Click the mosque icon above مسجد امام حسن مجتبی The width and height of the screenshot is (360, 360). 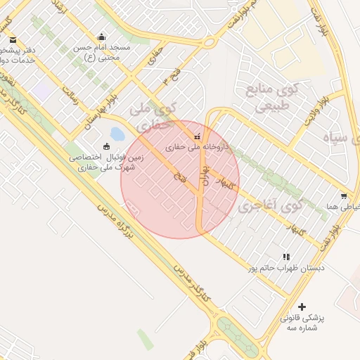[102, 37]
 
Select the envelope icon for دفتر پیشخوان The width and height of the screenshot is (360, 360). [13, 40]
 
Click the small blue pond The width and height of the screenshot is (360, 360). [117, 134]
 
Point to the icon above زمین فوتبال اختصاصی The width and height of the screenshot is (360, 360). [106, 146]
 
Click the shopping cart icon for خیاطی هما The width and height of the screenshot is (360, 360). [343, 196]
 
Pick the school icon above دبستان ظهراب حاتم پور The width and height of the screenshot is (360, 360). [285, 257]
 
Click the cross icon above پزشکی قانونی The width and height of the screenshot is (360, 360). [302, 307]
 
